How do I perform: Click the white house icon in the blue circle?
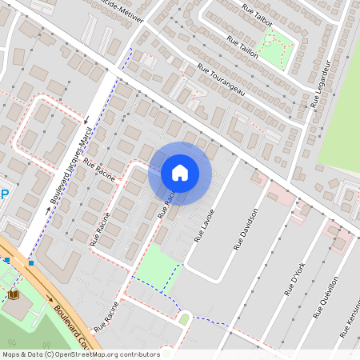tap(179, 173)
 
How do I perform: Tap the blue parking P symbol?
tap(4, 194)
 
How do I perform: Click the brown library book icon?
tap(14, 294)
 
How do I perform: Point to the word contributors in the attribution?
tap(137, 354)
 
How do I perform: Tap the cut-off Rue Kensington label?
tap(350, 326)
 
